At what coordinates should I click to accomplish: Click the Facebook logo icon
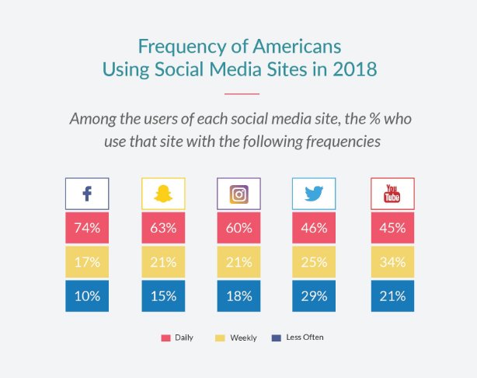(86, 194)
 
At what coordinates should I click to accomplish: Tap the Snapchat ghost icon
(162, 194)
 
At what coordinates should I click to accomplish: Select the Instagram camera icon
(238, 194)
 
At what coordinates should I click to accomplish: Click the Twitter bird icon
(314, 194)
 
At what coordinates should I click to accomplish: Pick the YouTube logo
(392, 194)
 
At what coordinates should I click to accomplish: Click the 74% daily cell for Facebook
(86, 229)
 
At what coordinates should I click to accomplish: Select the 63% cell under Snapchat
(162, 229)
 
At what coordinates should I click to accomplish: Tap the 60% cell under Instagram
(238, 229)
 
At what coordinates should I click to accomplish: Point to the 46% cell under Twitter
(314, 229)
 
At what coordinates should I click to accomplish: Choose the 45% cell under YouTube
(392, 229)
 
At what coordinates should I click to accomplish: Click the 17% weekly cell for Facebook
(86, 263)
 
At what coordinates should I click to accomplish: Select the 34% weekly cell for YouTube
(392, 263)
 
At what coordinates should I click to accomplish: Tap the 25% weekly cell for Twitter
(314, 263)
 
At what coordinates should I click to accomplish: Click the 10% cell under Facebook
(86, 296)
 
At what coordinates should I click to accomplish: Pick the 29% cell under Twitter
(314, 296)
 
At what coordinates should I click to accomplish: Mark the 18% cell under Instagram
(238, 296)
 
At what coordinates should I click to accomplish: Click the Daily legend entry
(177, 338)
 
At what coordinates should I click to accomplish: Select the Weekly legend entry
(237, 338)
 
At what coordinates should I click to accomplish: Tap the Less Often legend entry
(299, 338)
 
